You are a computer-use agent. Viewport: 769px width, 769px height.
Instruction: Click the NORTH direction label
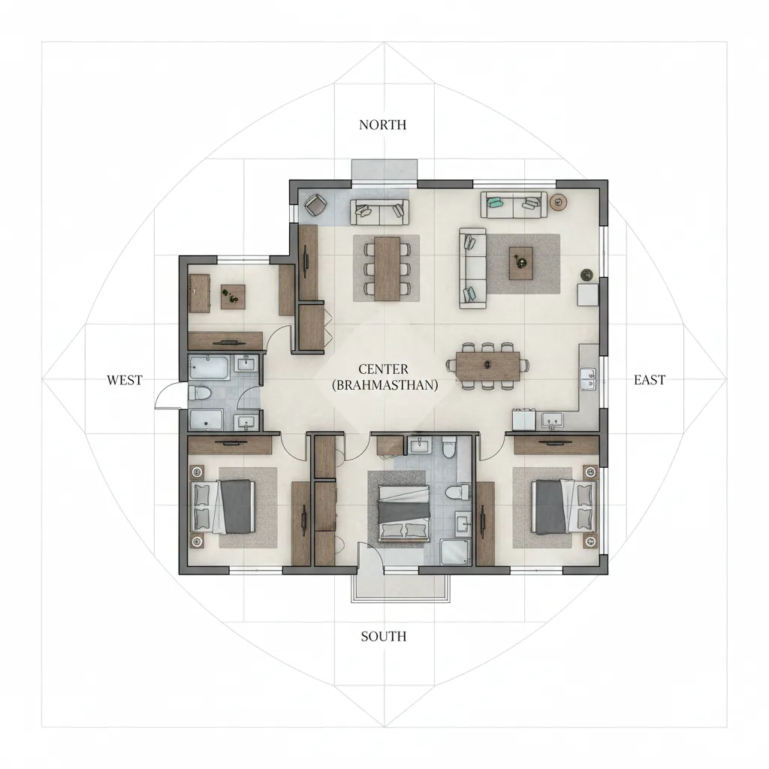click(383, 125)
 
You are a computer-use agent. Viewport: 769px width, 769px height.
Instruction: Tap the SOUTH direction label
click(383, 637)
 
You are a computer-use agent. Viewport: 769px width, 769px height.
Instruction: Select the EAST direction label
click(649, 380)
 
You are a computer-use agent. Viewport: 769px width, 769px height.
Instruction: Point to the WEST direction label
click(124, 380)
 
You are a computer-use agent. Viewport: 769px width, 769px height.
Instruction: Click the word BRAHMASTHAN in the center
click(384, 384)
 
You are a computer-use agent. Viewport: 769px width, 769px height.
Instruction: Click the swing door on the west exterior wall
click(169, 395)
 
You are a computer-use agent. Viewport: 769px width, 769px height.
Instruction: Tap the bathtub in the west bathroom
click(210, 367)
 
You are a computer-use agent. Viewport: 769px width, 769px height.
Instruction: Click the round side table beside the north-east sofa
click(559, 201)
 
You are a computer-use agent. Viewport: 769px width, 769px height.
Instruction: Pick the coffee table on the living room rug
click(521, 263)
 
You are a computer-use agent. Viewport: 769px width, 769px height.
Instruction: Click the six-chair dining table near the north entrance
click(388, 268)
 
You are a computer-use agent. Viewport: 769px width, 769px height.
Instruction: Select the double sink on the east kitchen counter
click(589, 378)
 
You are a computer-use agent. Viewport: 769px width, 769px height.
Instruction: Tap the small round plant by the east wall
click(587, 275)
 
